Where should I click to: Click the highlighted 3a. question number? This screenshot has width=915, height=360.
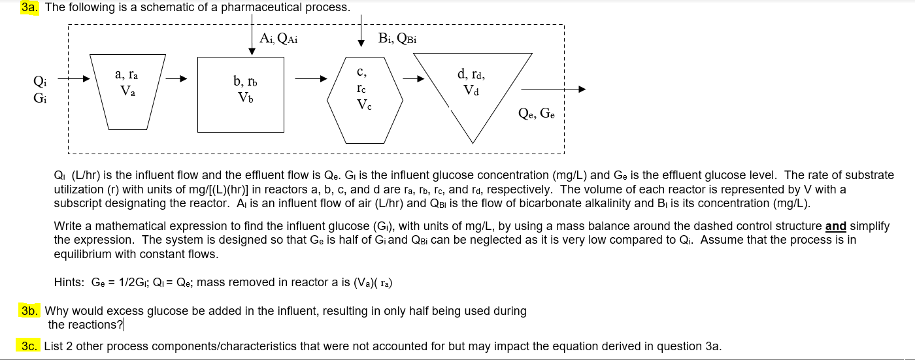[30, 7]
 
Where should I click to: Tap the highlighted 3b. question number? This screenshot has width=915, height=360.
[30, 310]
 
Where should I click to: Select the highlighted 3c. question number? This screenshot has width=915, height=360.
[29, 346]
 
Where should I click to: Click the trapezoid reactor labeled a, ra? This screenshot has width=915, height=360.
[128, 92]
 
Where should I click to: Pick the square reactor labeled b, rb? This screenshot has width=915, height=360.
[241, 95]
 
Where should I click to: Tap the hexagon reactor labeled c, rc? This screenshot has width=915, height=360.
[365, 101]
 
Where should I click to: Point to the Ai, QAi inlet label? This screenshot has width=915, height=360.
[278, 39]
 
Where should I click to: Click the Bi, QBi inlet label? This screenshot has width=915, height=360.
[397, 39]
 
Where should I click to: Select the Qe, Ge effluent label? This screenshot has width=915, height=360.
[537, 113]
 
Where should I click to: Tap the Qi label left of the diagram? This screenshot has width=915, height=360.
[40, 81]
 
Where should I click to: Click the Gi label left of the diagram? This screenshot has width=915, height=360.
[40, 98]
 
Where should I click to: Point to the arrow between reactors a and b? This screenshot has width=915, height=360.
[176, 79]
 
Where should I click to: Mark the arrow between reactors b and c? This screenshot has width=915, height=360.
[311, 79]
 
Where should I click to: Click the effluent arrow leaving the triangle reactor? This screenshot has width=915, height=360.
[554, 89]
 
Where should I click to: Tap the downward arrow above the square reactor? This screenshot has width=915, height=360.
[252, 34]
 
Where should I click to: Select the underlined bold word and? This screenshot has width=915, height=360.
[836, 226]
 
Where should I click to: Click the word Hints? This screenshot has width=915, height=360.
[69, 282]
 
